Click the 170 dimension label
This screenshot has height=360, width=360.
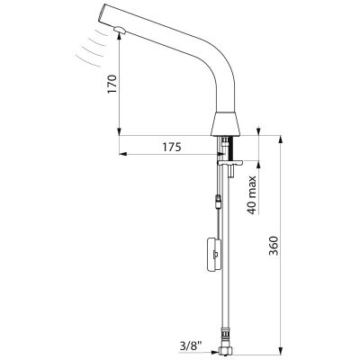112,85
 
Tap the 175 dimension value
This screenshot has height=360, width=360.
172,147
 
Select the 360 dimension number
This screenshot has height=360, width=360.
274,246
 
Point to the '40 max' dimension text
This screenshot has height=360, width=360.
252,195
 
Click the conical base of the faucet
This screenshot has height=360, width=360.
227,124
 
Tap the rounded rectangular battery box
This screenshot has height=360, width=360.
214,254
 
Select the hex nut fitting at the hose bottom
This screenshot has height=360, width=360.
226,350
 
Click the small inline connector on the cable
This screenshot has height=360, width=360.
219,202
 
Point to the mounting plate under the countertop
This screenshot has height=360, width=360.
230,163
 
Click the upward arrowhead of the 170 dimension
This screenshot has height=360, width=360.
120,34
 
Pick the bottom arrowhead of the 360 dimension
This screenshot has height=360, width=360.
281,350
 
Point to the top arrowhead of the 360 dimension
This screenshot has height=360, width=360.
281,139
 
